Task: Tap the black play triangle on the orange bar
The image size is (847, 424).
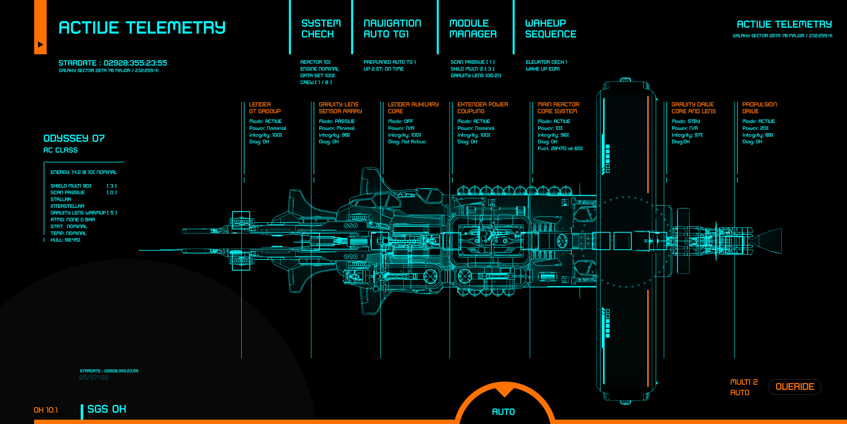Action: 40,44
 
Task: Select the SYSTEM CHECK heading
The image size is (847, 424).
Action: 321,29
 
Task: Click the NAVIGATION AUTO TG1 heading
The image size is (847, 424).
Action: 392,29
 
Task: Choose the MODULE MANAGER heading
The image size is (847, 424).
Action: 472,29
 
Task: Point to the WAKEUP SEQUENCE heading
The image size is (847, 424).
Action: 550,29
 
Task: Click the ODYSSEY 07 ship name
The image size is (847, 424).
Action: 74,138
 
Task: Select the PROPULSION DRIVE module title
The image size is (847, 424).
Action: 759,108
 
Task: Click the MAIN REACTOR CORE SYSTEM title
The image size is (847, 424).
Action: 558,108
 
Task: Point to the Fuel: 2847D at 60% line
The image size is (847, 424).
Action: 560,148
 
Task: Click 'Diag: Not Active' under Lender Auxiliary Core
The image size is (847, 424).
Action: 407,142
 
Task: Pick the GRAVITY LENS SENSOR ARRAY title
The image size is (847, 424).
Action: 340,108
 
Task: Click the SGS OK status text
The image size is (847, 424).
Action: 107,409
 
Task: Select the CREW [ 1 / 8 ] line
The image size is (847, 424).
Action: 316,82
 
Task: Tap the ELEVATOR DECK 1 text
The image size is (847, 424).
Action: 546,62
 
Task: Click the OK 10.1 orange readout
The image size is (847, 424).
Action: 46,410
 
